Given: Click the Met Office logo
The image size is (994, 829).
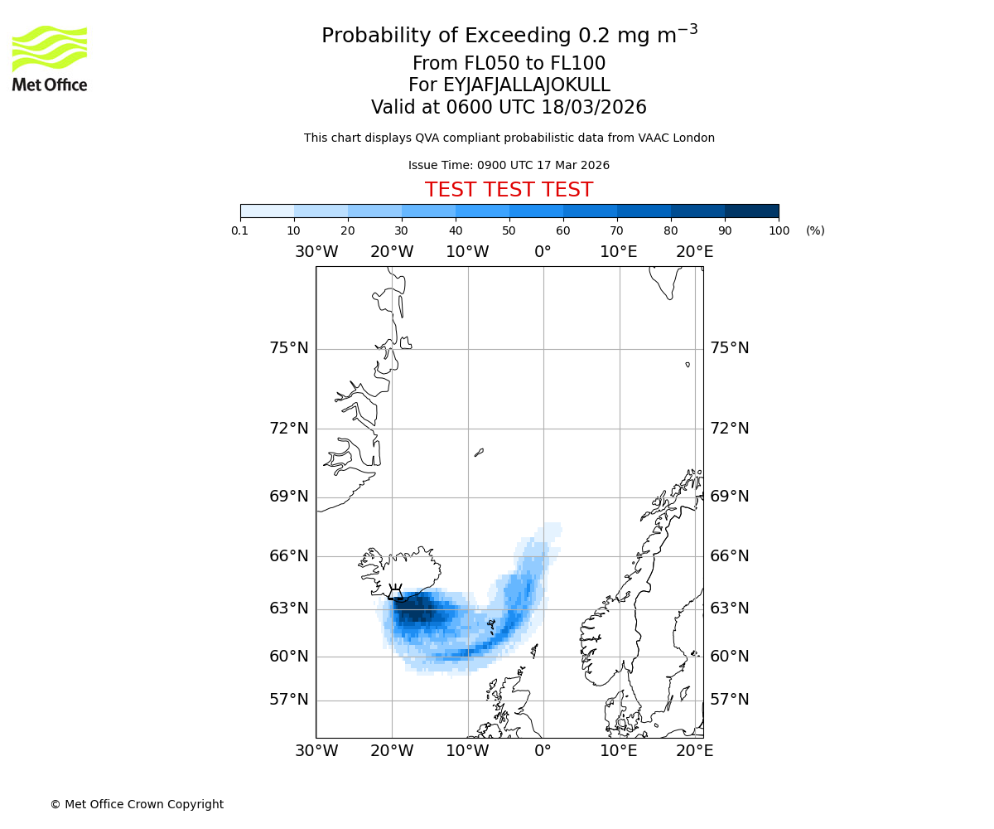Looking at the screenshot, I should tap(50, 58).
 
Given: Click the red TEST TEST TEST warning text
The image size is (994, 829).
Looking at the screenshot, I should tap(509, 191).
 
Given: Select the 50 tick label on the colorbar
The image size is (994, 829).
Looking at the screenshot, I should tap(509, 230).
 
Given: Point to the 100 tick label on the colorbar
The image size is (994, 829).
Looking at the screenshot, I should tap(779, 230).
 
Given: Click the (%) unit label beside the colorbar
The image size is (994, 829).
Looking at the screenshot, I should tap(815, 230).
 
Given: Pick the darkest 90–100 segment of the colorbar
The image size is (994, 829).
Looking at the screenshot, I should tap(751, 211).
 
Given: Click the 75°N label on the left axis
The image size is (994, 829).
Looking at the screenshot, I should tap(289, 348).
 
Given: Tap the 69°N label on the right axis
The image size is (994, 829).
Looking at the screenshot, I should tap(730, 497).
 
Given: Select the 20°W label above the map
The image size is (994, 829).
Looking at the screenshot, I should tap(392, 252).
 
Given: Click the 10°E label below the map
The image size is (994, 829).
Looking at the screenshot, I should tap(619, 751).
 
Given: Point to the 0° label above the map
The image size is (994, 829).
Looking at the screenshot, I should tap(543, 252).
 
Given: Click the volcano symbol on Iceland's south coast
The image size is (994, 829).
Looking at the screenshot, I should tap(396, 592).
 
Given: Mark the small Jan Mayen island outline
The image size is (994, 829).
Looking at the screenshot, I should tap(479, 453).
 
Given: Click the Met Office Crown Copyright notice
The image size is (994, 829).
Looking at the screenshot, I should tap(137, 804).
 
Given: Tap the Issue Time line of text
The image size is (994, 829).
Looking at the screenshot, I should tap(509, 166).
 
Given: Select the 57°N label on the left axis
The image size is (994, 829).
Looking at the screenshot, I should tap(289, 700).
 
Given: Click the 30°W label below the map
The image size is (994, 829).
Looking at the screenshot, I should tap(316, 751).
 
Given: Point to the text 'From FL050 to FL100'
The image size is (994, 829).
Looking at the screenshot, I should tap(509, 64).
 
